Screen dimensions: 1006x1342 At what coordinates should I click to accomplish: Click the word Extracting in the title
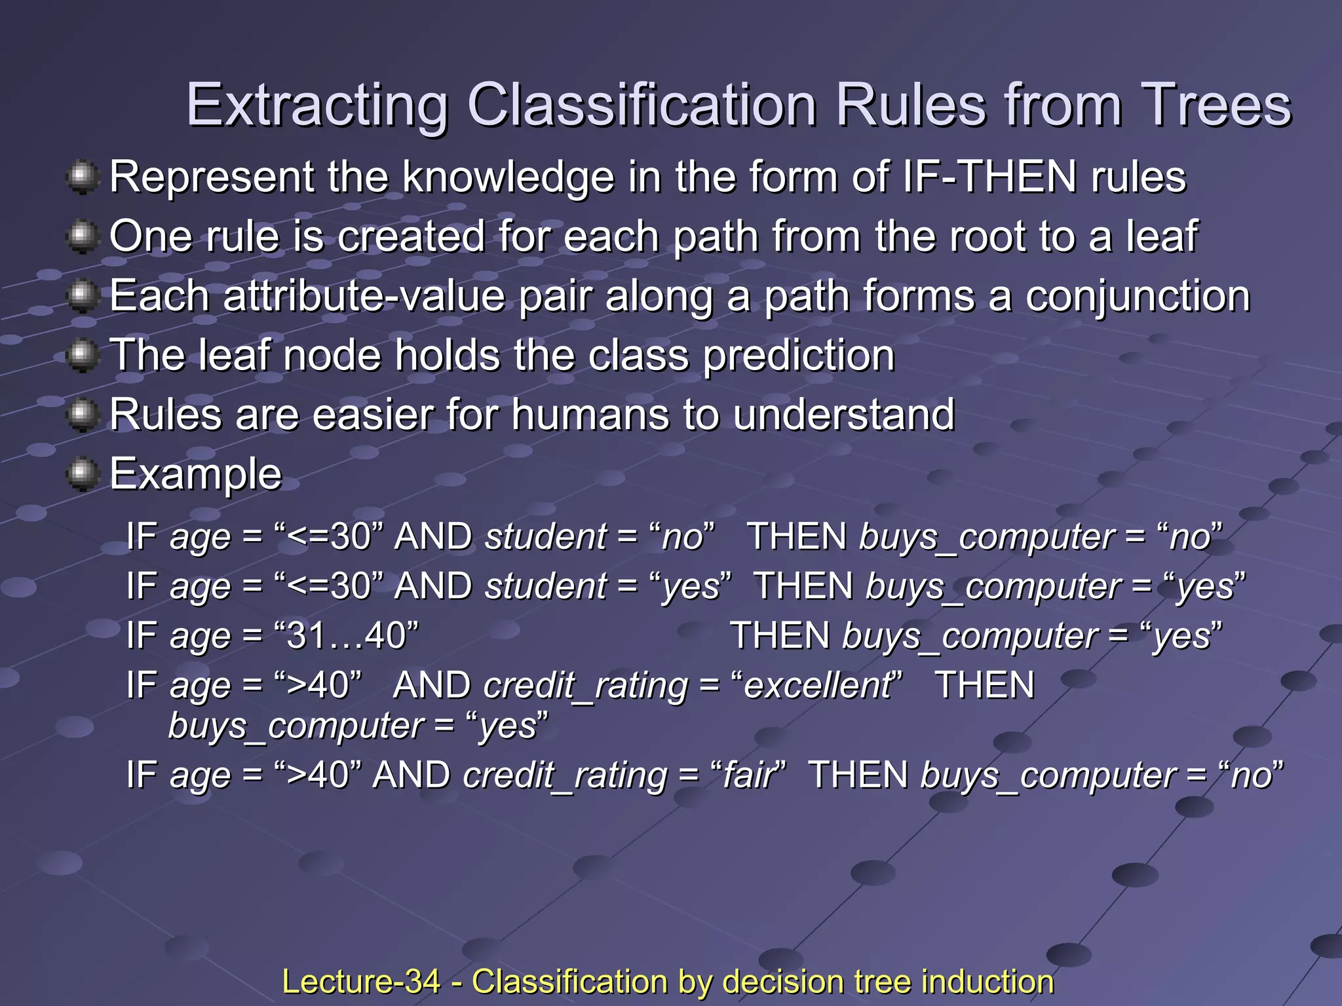point(317,106)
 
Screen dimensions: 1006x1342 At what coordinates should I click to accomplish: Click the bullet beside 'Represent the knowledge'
point(83,177)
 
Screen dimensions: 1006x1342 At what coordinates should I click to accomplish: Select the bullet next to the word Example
point(83,474)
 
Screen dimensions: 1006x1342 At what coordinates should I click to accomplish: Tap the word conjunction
point(1138,296)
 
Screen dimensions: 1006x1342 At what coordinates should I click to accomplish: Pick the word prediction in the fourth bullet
point(799,356)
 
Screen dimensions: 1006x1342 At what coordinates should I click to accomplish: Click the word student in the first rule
point(546,536)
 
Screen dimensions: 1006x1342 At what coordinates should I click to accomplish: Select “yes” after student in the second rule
point(692,586)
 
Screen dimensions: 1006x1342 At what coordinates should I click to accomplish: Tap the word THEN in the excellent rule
point(984,686)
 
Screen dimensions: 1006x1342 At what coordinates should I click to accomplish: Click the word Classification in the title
point(642,106)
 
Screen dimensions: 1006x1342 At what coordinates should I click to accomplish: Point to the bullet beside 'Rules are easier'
point(83,415)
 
